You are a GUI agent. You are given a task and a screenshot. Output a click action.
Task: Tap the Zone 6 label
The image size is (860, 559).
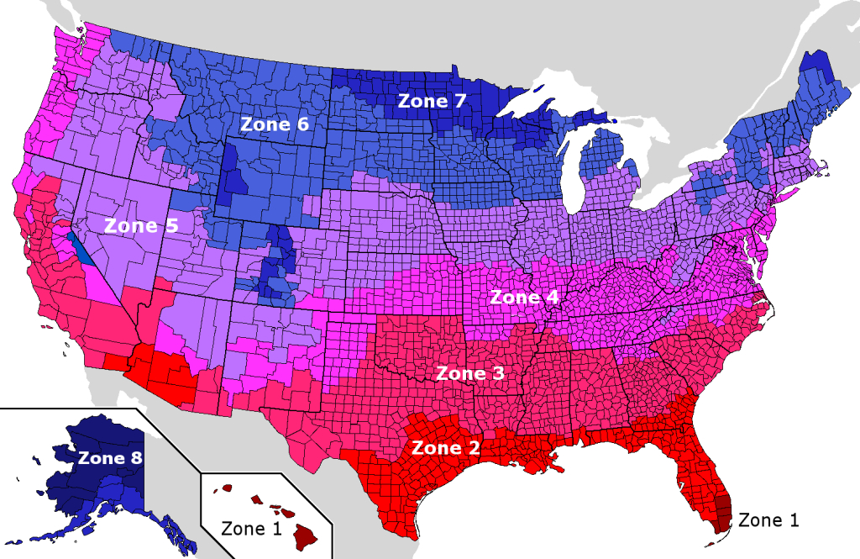coord(275,124)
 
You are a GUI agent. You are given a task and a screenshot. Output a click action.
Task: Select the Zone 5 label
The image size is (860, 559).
coord(141,225)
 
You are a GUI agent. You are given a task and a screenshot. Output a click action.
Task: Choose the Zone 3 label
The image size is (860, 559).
coord(469,373)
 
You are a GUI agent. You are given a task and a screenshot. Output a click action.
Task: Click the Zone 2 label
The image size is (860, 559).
coord(446,448)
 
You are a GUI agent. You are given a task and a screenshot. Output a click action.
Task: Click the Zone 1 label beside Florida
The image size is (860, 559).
coord(768,520)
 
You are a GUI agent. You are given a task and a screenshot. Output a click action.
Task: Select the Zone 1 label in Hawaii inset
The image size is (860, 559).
coord(250,529)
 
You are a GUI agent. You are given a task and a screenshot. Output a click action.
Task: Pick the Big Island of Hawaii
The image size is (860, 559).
coord(305,532)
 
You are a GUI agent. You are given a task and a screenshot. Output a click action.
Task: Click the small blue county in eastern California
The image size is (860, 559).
coord(77,249)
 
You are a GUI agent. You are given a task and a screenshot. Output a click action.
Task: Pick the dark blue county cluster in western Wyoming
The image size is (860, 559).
coord(233,174)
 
